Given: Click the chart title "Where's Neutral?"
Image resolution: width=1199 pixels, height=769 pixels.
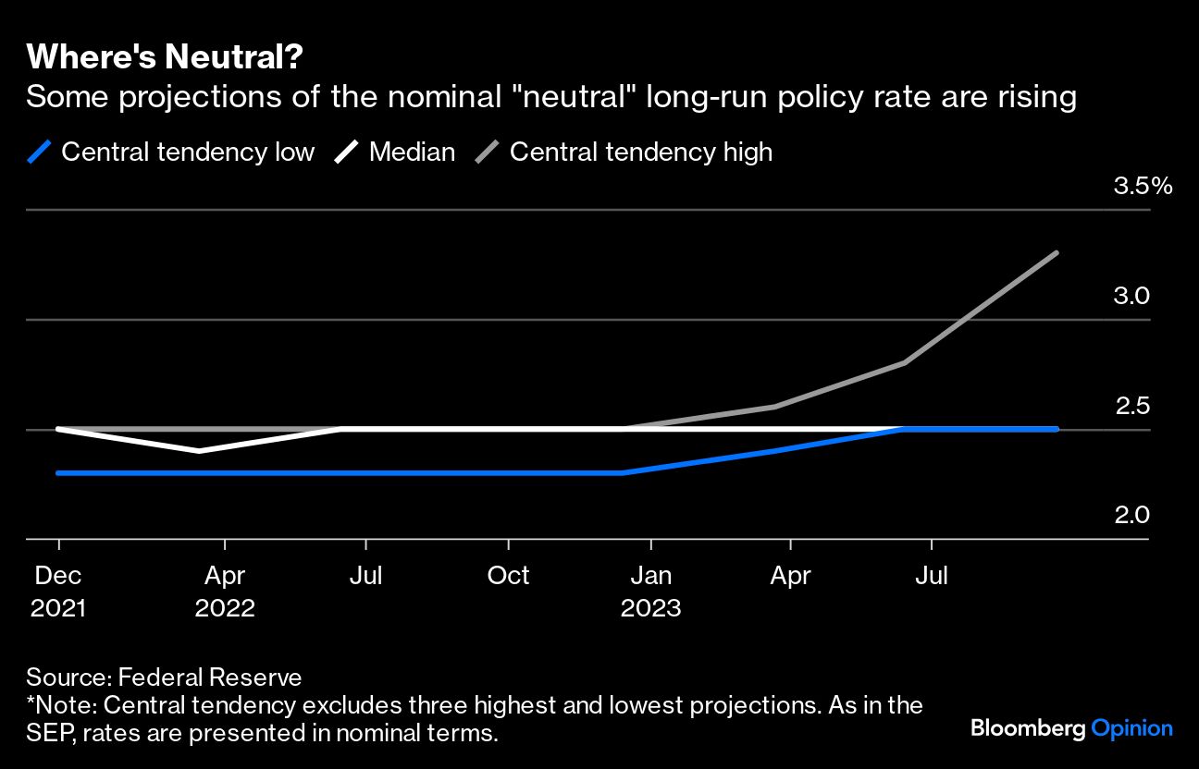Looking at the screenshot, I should [x=165, y=57].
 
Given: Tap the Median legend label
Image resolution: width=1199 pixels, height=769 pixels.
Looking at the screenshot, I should [x=412, y=152].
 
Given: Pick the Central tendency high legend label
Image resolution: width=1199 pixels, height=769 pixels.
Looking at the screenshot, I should [x=640, y=152].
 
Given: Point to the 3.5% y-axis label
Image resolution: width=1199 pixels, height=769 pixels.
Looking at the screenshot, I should [x=1143, y=187].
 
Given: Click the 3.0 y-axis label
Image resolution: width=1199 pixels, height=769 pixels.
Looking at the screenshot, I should [x=1131, y=296].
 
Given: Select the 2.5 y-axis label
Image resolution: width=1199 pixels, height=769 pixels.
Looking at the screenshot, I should [x=1131, y=405].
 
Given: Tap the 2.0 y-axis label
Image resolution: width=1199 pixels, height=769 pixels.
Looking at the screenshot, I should [x=1131, y=514].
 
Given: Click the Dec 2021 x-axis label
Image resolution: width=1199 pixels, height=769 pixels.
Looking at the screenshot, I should [x=59, y=592].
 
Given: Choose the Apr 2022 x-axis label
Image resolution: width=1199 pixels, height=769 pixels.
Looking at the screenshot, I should [x=225, y=592].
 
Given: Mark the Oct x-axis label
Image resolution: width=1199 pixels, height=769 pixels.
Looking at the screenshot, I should [x=508, y=576].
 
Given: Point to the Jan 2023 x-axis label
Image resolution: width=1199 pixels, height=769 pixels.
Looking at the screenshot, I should [x=650, y=592].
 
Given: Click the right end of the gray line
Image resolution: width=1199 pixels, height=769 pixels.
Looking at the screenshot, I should [x=1056, y=253].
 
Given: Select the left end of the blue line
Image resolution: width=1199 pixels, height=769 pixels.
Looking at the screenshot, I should [x=59, y=472].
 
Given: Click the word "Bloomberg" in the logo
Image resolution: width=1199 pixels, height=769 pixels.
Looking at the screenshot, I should [x=1028, y=728].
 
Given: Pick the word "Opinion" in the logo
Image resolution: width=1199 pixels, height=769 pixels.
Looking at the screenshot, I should [x=1131, y=728].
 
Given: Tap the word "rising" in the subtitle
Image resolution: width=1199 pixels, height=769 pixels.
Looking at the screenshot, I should [x=1035, y=97].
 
